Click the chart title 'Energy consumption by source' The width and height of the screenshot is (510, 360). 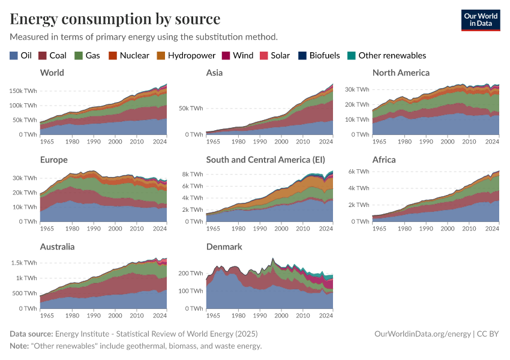(x=115, y=19)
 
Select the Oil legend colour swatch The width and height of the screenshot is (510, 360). (x=14, y=56)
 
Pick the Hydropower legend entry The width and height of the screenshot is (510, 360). (x=186, y=56)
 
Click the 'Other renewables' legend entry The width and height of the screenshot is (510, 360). (x=387, y=56)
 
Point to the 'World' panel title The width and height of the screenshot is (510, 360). (x=52, y=73)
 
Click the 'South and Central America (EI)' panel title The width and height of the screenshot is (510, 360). (x=265, y=160)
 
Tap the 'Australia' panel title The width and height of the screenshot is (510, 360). (x=58, y=247)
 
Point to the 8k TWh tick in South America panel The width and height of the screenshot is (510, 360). (x=192, y=174)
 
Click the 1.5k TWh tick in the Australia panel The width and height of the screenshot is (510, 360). (x=24, y=263)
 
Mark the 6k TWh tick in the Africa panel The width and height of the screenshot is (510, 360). (x=358, y=172)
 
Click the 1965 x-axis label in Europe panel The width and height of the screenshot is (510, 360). (x=47, y=228)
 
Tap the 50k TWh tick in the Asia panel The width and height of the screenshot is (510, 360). (x=190, y=109)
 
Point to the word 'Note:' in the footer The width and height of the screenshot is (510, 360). (x=21, y=346)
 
